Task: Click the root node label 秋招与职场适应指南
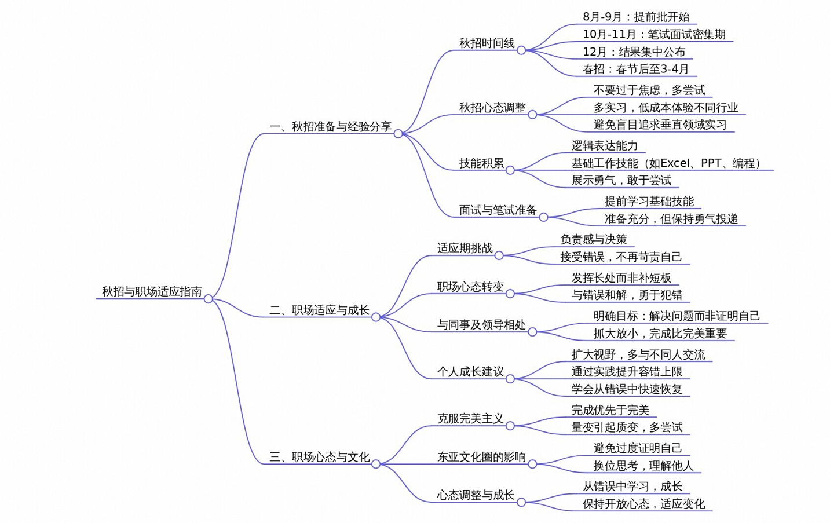tap(152, 291)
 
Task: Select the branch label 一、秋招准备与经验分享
tap(330, 126)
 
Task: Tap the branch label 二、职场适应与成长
tap(319, 310)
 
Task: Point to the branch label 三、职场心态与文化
tap(319, 457)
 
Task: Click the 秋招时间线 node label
tap(487, 43)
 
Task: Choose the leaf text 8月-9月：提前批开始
tap(636, 17)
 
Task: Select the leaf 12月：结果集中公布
tap(634, 52)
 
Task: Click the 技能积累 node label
tap(481, 163)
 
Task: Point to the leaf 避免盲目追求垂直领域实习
tap(660, 125)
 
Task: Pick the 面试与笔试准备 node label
tap(498, 210)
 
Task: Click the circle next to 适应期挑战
tap(499, 255)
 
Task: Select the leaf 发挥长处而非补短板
tap(621, 278)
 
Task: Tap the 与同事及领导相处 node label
tap(481, 325)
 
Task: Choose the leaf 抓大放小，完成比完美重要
tap(660, 334)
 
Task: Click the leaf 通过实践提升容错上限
tap(627, 371)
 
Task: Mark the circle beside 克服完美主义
tap(510, 426)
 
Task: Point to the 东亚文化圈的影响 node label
tap(481, 457)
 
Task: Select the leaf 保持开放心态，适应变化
tap(643, 504)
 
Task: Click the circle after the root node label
tap(209, 299)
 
